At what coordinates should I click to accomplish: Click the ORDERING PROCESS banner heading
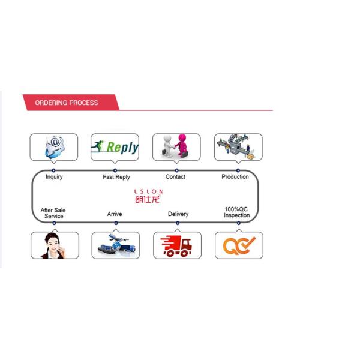(67, 103)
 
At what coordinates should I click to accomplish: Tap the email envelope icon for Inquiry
(55, 147)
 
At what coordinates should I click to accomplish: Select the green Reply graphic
(115, 147)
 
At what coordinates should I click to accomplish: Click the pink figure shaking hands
(182, 145)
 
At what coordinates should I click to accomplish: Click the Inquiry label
(54, 177)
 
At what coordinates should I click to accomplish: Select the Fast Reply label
(116, 177)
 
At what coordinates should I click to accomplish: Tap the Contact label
(175, 176)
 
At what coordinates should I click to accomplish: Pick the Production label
(235, 176)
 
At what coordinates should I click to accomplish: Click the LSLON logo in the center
(149, 196)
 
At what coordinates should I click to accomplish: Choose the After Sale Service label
(53, 213)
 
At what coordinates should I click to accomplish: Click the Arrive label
(115, 214)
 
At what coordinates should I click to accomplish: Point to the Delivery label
(178, 214)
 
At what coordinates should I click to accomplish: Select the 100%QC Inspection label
(236, 212)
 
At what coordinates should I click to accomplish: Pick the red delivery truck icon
(176, 246)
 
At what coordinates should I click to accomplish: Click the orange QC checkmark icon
(239, 245)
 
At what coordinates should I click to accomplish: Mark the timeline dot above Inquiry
(53, 170)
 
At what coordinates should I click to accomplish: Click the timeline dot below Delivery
(178, 223)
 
